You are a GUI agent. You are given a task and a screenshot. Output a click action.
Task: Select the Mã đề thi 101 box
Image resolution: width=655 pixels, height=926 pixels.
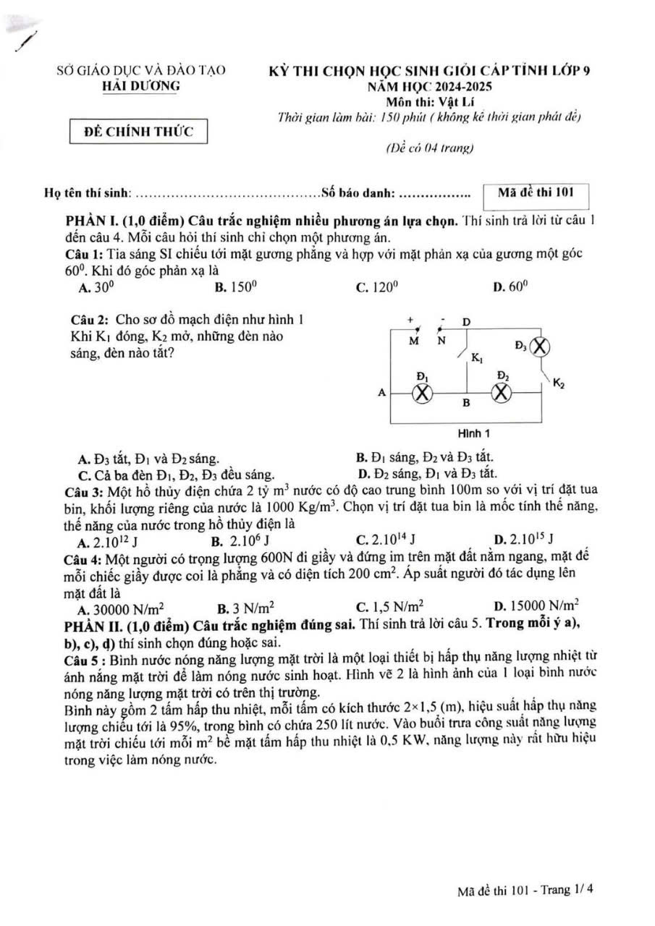(x=536, y=192)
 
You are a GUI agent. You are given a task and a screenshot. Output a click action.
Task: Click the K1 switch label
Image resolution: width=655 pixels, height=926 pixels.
(x=477, y=357)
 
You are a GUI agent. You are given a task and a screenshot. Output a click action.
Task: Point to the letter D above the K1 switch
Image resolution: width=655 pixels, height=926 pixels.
(x=466, y=321)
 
